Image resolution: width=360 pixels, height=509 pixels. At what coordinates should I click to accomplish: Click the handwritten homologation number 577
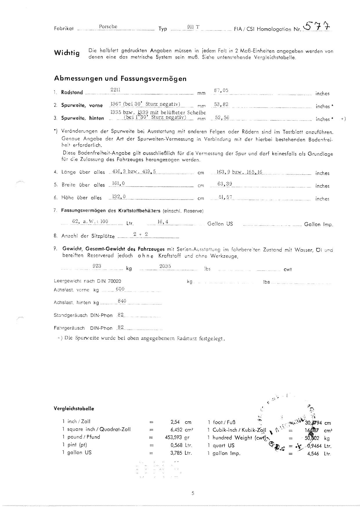(317, 27)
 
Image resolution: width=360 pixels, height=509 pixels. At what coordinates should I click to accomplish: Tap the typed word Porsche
(108, 26)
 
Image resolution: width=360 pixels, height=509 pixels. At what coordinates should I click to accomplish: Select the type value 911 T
(193, 27)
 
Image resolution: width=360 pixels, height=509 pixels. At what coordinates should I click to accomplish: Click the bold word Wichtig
(66, 53)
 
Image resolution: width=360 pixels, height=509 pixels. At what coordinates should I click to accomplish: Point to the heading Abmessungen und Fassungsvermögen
(120, 78)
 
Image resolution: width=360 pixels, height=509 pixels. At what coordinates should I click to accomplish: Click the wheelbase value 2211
(115, 90)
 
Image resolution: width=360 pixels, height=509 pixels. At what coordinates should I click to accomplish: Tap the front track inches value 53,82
(221, 104)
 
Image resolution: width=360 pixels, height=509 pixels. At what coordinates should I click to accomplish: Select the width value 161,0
(118, 183)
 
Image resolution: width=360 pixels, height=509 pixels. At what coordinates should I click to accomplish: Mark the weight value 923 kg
(97, 266)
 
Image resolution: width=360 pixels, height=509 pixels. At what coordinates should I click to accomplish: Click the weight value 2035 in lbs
(165, 266)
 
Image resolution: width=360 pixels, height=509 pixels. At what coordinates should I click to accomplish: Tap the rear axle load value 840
(122, 301)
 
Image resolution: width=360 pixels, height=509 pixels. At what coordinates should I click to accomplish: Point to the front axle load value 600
(120, 288)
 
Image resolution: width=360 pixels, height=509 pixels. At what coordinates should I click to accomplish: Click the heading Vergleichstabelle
(74, 408)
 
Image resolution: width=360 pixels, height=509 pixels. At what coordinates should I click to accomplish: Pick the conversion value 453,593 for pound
(173, 437)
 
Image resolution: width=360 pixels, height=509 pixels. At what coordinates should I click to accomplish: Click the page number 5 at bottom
(193, 493)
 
